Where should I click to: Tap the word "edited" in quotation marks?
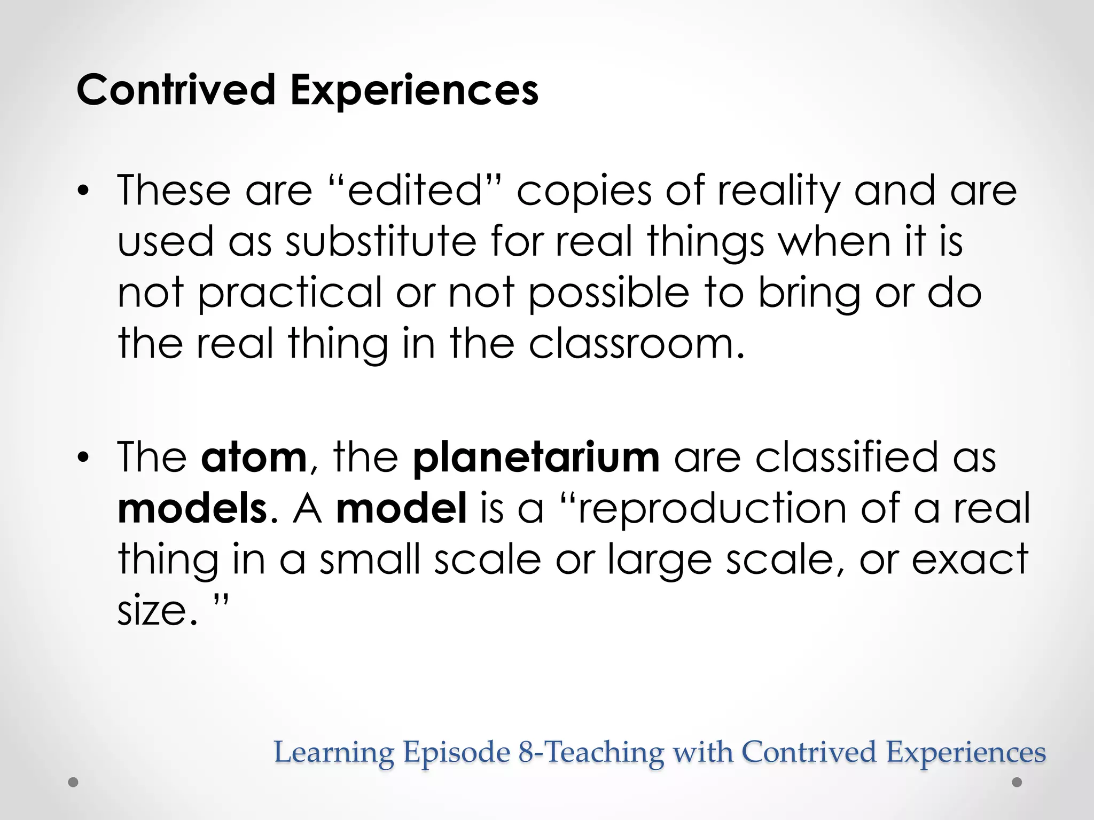[x=415, y=191]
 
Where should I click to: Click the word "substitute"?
[x=380, y=241]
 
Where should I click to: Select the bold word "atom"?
[x=254, y=457]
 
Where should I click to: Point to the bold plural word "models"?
[x=192, y=508]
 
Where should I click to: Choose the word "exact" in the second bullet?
[x=970, y=559]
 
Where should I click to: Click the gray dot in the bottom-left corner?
[x=74, y=783]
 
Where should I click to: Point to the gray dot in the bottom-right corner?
[x=1017, y=782]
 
